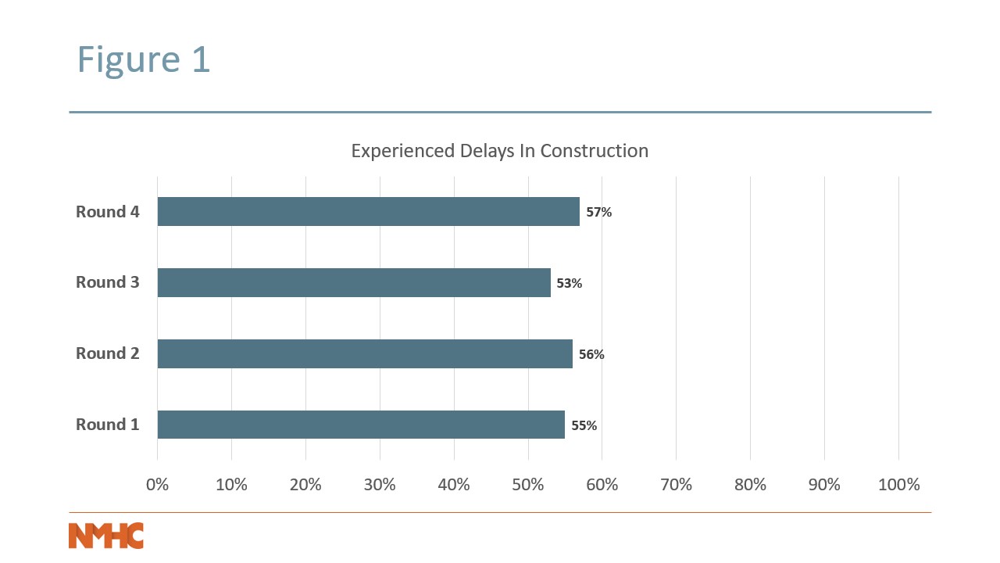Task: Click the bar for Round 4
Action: [368, 212]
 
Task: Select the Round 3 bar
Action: [354, 282]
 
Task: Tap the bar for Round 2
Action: [365, 353]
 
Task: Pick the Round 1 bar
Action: [361, 425]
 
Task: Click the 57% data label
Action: [599, 212]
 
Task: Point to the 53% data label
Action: [570, 283]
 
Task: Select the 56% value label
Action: [591, 354]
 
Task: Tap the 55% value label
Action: [584, 425]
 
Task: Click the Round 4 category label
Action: [108, 212]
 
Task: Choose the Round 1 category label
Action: [108, 425]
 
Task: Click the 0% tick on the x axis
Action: [158, 485]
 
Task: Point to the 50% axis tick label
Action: [528, 485]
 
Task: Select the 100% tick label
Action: [899, 485]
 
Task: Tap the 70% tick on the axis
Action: [677, 485]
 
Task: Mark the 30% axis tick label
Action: [380, 485]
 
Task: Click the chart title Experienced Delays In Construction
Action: [500, 151]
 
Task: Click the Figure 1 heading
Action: [144, 60]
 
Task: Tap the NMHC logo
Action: [106, 536]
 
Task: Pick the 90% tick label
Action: [824, 485]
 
